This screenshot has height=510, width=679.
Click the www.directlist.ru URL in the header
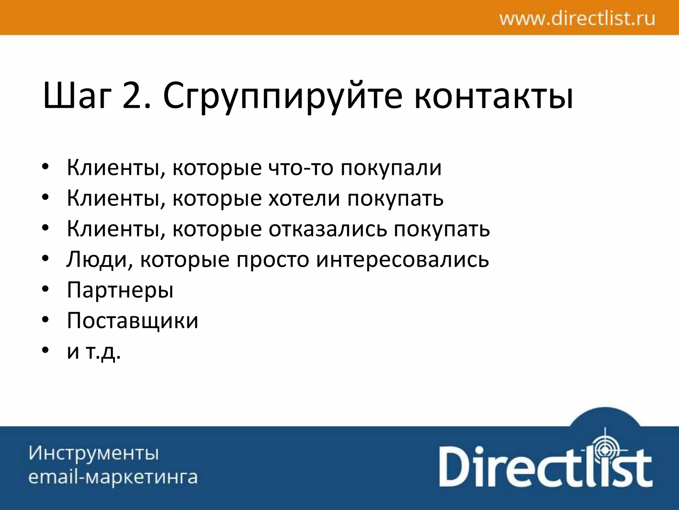(x=577, y=19)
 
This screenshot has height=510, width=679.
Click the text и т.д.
(x=94, y=352)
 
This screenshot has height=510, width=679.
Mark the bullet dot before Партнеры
(x=45, y=290)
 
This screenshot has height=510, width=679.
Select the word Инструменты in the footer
(x=94, y=453)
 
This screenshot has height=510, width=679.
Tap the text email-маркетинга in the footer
(x=113, y=477)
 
